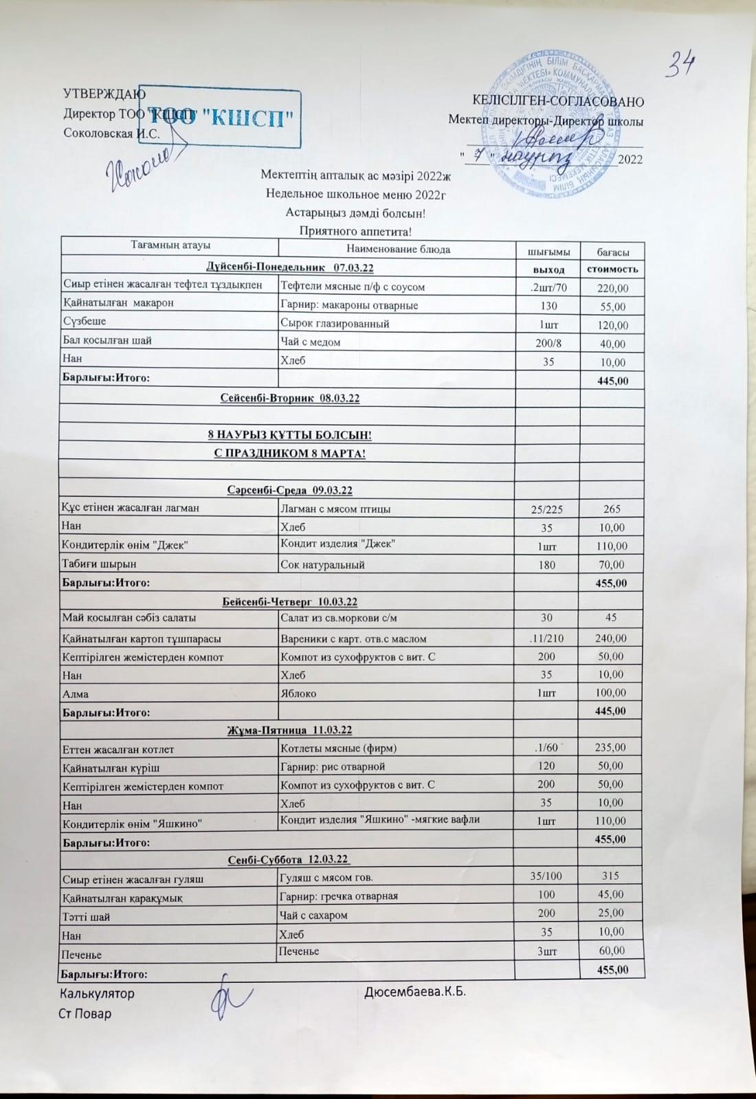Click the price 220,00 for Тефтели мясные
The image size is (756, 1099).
coord(612,288)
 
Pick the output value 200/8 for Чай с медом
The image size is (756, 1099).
coord(548,343)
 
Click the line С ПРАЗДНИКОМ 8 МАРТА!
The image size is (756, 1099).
coord(287,454)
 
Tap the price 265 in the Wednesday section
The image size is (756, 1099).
coord(612,509)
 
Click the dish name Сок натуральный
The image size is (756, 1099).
coord(322,565)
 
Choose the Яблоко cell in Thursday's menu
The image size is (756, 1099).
coord(298,693)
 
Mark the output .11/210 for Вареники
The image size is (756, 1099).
coord(547,639)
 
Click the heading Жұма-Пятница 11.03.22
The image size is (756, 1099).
coord(289,730)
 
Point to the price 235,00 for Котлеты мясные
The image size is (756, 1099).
coord(611,748)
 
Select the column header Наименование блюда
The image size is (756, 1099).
coord(398,249)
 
